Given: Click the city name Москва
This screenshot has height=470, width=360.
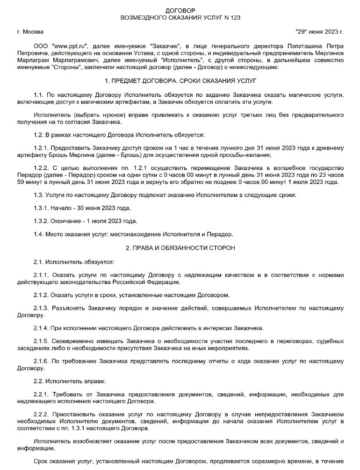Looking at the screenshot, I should (33, 32).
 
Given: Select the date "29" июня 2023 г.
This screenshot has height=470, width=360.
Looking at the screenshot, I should (319, 32).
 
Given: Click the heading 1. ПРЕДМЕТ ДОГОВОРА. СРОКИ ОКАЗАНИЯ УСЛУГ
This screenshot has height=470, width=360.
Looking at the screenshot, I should (180, 81).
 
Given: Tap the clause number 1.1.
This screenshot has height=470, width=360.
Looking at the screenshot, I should (40, 95).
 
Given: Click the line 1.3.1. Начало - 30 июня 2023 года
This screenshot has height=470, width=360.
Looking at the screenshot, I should (82, 207).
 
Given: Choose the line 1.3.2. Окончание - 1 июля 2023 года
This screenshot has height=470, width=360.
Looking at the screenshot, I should (86, 221).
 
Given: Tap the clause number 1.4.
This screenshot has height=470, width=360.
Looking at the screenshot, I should (40, 234).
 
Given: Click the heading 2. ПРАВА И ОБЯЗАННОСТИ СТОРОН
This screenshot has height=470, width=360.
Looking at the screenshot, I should (180, 247).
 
